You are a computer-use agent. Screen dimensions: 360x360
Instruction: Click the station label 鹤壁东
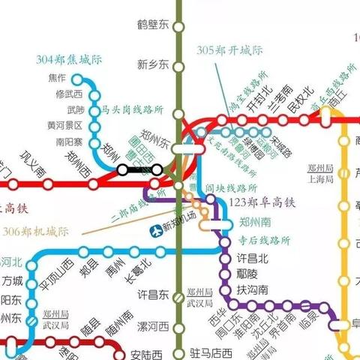pyautogui.click(x=154, y=25)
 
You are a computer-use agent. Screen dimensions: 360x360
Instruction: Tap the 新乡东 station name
pyautogui.click(x=154, y=65)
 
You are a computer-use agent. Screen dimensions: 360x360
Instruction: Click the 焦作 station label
pyautogui.click(x=57, y=78)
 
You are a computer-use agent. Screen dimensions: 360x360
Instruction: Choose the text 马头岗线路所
pyautogui.click(x=132, y=109)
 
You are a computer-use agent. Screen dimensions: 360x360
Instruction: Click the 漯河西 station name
pyautogui.click(x=153, y=327)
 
